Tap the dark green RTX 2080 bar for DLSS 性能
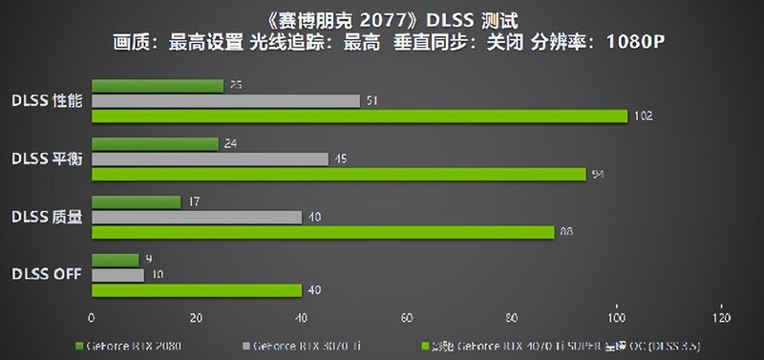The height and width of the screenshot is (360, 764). click(x=158, y=86)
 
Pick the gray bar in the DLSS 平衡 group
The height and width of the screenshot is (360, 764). click(x=210, y=159)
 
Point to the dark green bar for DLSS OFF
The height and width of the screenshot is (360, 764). click(x=116, y=260)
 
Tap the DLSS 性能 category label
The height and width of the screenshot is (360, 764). click(x=48, y=100)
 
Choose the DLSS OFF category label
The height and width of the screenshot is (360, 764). click(x=46, y=274)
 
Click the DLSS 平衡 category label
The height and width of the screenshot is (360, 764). click(x=48, y=159)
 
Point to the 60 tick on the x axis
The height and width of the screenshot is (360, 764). click(x=407, y=318)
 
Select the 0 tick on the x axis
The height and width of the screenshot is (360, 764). click(x=92, y=318)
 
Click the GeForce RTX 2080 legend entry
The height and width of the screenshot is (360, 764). click(x=133, y=345)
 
